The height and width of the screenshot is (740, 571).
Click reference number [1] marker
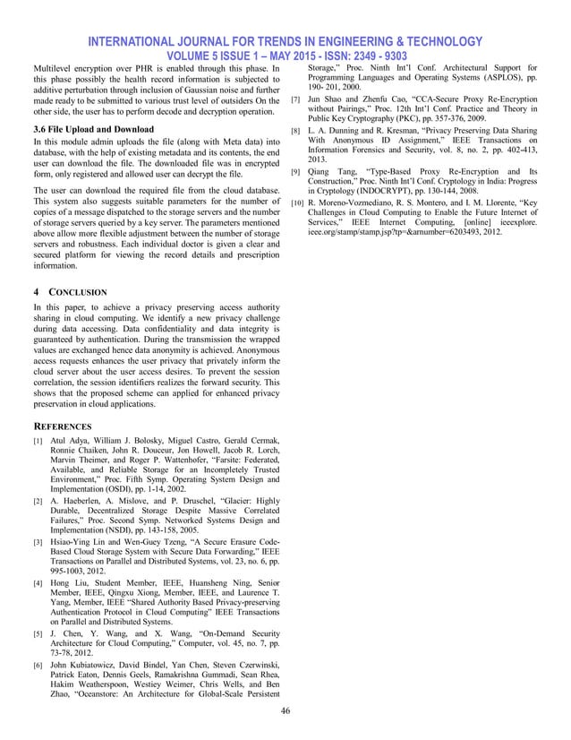point(37,442)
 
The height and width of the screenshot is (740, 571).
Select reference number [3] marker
point(37,542)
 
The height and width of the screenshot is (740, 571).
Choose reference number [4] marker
point(37,583)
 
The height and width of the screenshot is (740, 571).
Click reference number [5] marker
point(37,635)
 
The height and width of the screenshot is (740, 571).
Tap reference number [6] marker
point(37,666)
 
